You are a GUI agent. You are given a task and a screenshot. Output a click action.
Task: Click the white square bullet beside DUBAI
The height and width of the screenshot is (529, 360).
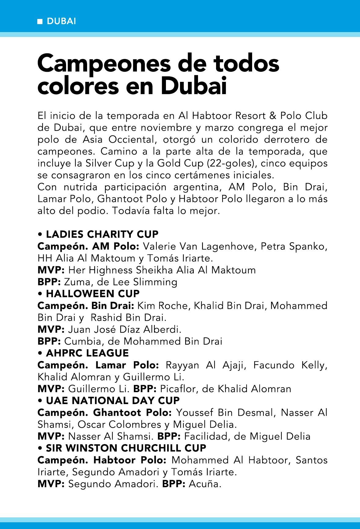pos(40,22)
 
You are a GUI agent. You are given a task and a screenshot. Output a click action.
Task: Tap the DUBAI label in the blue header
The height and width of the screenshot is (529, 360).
pos(61,21)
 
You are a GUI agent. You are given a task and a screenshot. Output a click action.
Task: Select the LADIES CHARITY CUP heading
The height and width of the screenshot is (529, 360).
pos(102,234)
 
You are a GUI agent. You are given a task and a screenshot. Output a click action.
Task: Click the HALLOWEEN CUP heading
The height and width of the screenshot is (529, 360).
pos(93,294)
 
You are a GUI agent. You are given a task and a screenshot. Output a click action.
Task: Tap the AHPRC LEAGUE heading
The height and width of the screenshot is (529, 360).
pos(87,353)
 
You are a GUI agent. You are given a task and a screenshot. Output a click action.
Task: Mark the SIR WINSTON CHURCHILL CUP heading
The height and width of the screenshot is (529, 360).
pos(126,448)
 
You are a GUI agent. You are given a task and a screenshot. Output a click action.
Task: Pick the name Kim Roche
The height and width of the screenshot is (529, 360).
pos(163,306)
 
